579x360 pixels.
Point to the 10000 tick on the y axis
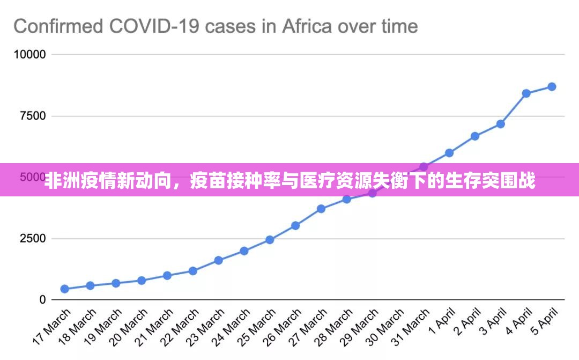click(30, 55)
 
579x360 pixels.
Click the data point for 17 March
click(64, 289)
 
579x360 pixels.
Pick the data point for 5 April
click(552, 87)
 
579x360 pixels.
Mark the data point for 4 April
click(526, 93)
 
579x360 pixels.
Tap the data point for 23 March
click(218, 260)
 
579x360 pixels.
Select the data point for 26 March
click(295, 225)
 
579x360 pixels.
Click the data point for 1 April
click(449, 153)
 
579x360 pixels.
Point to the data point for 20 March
click(142, 280)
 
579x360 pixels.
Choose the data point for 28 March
click(346, 199)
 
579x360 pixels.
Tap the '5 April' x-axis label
click(544, 321)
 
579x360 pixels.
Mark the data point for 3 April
click(501, 124)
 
